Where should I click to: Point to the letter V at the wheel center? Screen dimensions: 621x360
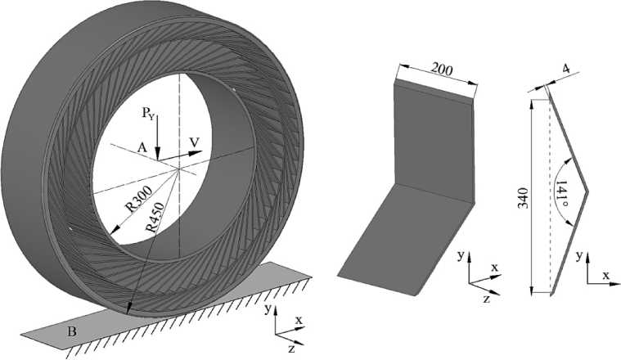[194, 143]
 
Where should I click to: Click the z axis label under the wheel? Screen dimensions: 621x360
[292, 349]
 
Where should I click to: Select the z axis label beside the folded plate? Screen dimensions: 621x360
[486, 300]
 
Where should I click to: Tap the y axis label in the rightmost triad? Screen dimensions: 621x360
[578, 255]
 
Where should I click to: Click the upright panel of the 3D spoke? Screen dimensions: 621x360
[434, 139]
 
